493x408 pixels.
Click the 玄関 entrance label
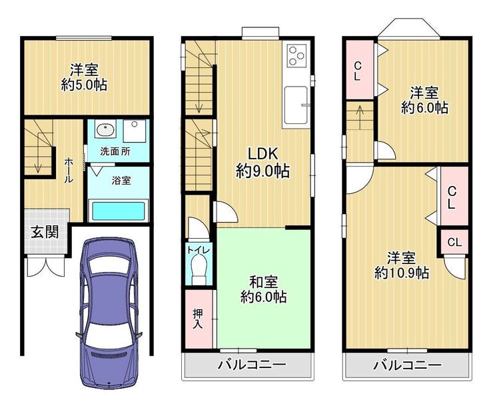(45, 232)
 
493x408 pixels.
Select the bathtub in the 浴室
(119, 211)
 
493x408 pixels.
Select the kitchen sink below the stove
(296, 105)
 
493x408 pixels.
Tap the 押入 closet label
(198, 319)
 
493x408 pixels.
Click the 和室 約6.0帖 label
(263, 289)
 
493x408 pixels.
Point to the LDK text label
(262, 154)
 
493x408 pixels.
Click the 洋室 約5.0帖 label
(84, 77)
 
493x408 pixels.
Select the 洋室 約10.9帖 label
(401, 265)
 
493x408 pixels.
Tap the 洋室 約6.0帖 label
(424, 101)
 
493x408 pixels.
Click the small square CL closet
(454, 242)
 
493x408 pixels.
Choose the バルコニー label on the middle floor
(252, 365)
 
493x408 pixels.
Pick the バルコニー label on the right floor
(408, 365)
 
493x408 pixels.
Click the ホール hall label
(69, 170)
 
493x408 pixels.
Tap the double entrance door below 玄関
(46, 267)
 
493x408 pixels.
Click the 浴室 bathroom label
(121, 181)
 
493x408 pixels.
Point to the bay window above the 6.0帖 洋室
(409, 28)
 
